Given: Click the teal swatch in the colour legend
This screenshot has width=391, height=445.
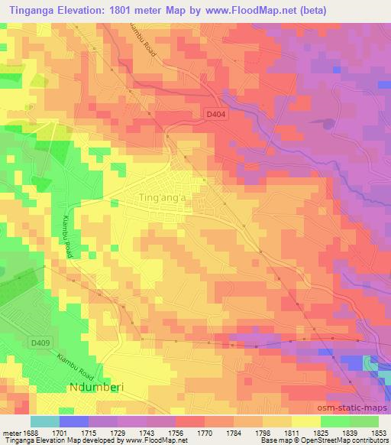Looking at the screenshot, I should (x=45, y=421).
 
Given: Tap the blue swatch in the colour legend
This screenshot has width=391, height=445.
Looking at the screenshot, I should (x=74, y=421).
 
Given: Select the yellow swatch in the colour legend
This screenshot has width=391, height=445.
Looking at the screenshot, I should (x=306, y=421).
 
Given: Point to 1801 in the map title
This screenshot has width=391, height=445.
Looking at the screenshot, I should (x=139, y=10).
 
